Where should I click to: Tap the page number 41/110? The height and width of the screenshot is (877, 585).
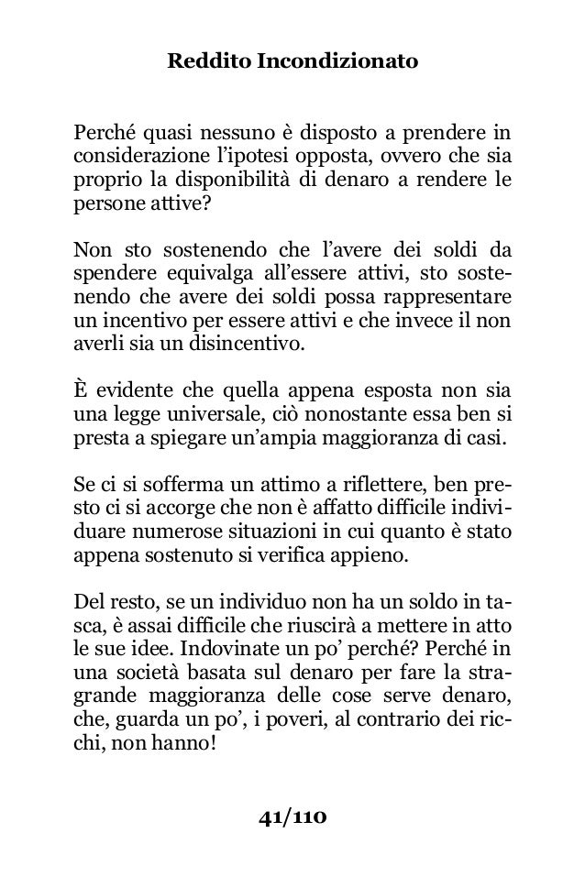[x=292, y=816]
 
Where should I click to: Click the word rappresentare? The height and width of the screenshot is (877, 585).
[x=452, y=297]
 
